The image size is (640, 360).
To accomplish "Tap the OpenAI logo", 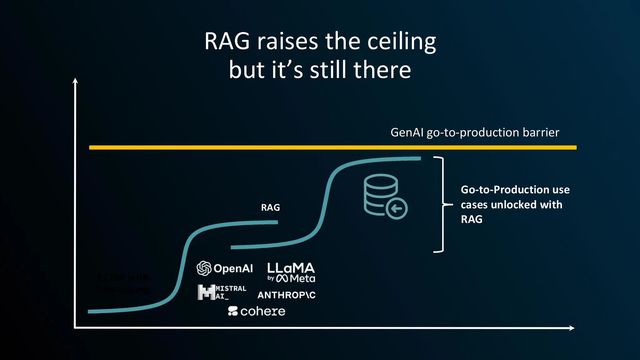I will coord(225,268).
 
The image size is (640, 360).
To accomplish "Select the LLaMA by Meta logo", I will coord(291,272).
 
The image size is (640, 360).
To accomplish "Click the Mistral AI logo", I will coord(222,292).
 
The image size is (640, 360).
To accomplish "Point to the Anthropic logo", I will coord(286,295).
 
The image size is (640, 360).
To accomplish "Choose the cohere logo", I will coord(257,311).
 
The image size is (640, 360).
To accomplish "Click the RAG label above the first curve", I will coord(270,207).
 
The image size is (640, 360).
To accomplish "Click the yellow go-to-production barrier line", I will coord(332,147).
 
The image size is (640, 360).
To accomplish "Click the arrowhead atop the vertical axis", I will coord(75,81).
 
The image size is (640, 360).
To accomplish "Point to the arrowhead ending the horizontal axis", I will coord(572,328).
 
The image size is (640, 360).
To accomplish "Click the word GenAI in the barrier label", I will coord(407,132).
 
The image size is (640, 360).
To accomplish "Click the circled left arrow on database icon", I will coord(397,208).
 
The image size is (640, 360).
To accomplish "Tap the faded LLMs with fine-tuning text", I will coord(123,283).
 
